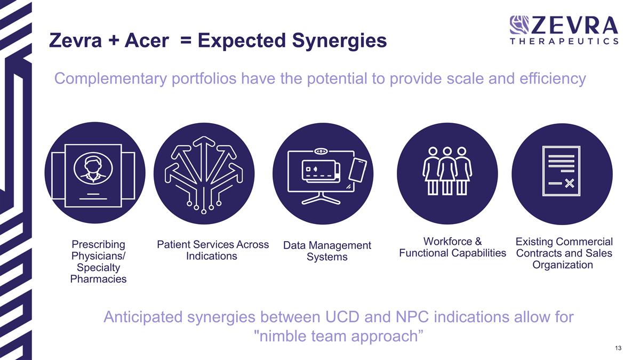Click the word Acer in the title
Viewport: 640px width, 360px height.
pos(147,41)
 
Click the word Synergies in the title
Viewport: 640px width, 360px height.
pos(339,41)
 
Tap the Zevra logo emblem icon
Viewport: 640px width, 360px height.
pos(519,25)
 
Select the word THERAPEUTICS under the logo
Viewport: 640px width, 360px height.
pos(564,42)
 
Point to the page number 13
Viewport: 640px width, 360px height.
pos(618,348)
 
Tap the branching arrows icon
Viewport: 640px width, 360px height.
pos(204,175)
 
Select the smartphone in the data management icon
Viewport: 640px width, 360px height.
pos(358,170)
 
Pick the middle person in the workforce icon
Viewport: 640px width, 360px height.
pos(447,171)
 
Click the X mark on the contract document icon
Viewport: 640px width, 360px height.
pos(570,183)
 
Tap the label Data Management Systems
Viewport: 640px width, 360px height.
pos(327,251)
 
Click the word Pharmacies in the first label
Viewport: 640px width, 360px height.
pos(98,279)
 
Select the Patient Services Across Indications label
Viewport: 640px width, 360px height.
pos(213,250)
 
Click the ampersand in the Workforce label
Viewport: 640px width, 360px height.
pos(478,242)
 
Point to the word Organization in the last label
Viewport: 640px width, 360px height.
pos(563,265)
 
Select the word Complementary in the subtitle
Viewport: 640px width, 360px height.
pos(110,79)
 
